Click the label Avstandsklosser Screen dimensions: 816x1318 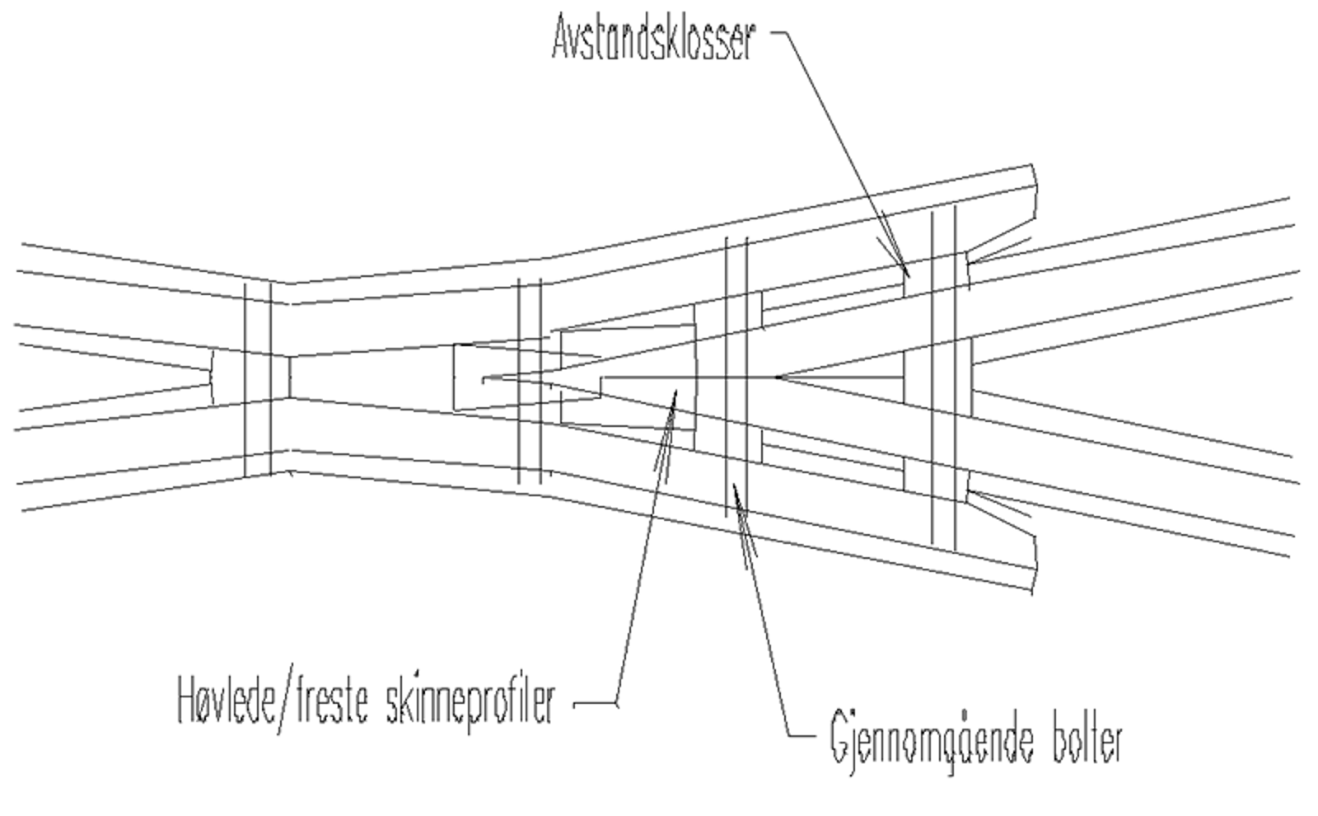click(x=652, y=39)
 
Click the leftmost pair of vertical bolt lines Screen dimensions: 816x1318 click(x=258, y=379)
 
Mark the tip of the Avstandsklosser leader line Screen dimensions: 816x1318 click(x=908, y=274)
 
